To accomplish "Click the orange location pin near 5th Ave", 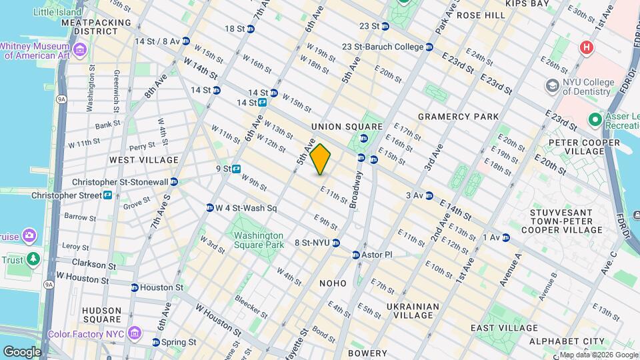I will pyautogui.click(x=321, y=159).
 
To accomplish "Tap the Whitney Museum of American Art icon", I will pyautogui.click(x=80, y=49).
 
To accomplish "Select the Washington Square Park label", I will pyautogui.click(x=258, y=241).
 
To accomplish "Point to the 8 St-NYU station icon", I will pyautogui.click(x=336, y=243).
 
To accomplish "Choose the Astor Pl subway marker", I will pyautogui.click(x=356, y=255).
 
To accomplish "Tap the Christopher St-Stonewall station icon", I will pyautogui.click(x=173, y=182).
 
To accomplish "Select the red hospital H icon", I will pyautogui.click(x=586, y=47).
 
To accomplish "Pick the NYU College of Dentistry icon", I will pyautogui.click(x=552, y=85).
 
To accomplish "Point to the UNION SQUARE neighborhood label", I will pyautogui.click(x=347, y=127).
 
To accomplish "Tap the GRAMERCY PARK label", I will pyautogui.click(x=458, y=117).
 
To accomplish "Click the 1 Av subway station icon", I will pyautogui.click(x=505, y=237).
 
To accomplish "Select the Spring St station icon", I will pyautogui.click(x=156, y=342).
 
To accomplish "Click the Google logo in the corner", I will pyautogui.click(x=22, y=351).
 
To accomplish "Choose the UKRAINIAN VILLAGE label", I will pyautogui.click(x=413, y=312).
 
